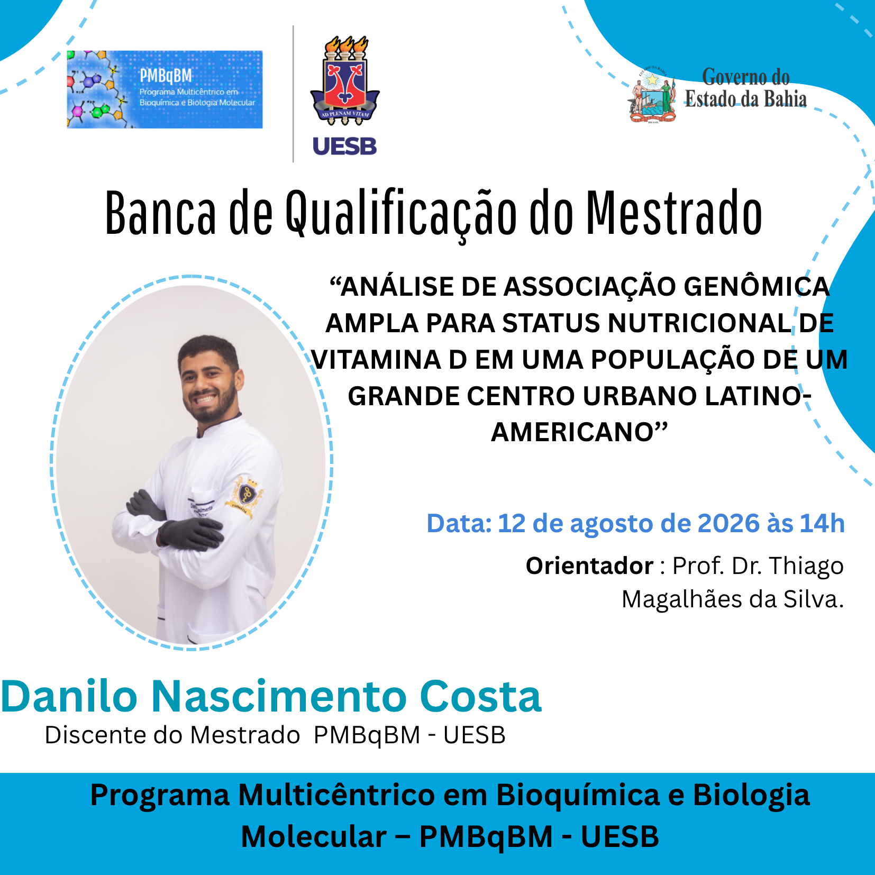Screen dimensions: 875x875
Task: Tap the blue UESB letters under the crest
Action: pos(344,147)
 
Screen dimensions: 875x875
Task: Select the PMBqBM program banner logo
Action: pos(165,89)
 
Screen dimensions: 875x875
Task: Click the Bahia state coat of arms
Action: pos(653,95)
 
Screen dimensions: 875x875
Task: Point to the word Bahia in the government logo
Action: pos(786,99)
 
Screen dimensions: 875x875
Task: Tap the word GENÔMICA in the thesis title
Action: pos(756,286)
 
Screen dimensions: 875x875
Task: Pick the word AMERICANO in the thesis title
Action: pos(573,432)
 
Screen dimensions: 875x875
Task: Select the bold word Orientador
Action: pos(589,566)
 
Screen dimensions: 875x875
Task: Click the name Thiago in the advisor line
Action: pos(806,567)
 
